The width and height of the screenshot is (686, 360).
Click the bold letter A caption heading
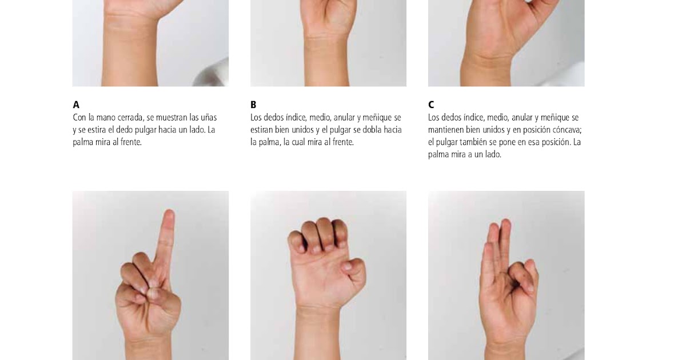click(76, 105)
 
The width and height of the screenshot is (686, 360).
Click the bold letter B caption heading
click(253, 105)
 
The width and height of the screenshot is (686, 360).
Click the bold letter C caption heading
click(431, 105)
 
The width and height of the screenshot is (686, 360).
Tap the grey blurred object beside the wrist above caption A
click(212, 73)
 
